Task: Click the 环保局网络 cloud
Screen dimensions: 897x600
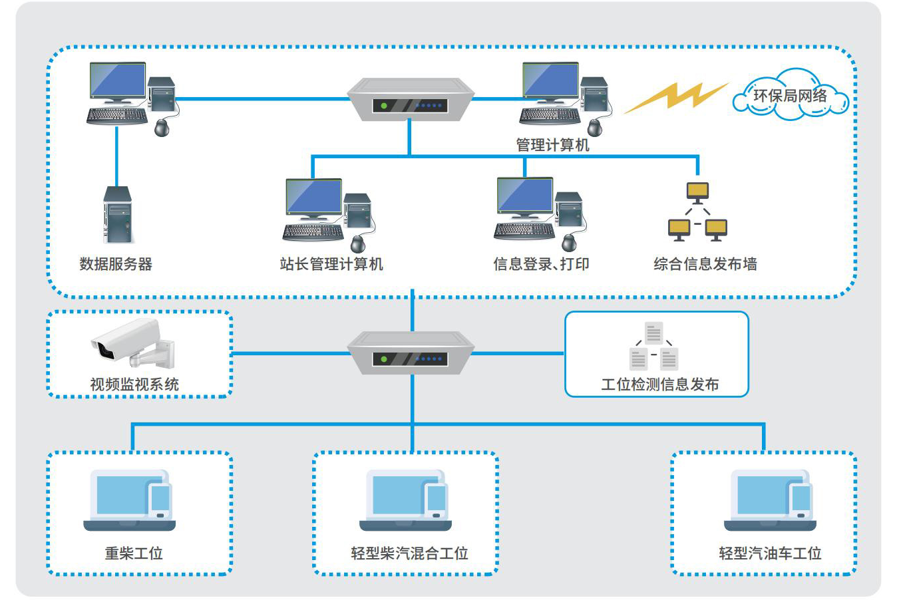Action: pos(791,94)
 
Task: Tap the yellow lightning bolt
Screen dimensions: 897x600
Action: pos(677,97)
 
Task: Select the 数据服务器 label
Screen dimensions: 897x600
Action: pos(116,264)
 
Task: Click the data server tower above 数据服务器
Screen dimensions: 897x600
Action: pos(117,215)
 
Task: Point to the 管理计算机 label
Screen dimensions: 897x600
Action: pos(552,144)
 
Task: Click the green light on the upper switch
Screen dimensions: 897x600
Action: pos(384,106)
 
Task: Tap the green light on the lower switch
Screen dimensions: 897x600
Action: pos(384,359)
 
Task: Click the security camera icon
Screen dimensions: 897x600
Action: pos(132,343)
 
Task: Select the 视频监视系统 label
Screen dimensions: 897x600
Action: pos(134,384)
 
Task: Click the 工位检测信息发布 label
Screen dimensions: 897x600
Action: pos(660,384)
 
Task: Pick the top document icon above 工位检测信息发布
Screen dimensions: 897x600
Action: pos(653,333)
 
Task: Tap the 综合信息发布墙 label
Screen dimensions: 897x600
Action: pos(705,264)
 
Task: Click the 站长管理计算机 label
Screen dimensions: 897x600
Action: pos(331,264)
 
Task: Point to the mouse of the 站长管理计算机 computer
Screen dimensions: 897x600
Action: pos(358,243)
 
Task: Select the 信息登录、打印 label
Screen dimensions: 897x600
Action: pos(541,264)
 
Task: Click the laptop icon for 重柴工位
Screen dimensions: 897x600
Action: pos(129,500)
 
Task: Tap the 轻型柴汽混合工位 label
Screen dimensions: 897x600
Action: pos(410,553)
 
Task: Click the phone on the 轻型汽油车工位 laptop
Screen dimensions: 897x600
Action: pos(801,502)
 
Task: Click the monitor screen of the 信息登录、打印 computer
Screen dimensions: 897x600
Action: pos(524,194)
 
